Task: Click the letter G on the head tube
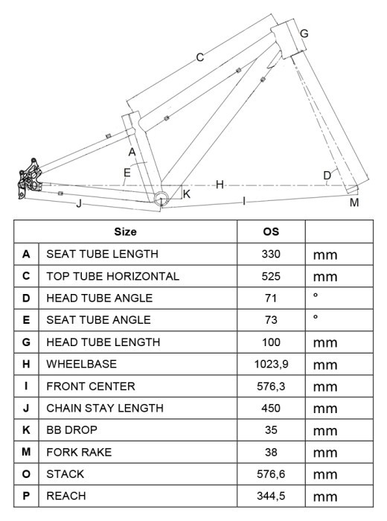[304, 33]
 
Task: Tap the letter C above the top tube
[199, 57]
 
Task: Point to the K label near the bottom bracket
[187, 194]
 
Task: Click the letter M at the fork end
[354, 202]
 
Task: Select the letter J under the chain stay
[79, 203]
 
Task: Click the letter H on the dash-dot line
[220, 185]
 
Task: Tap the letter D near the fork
[327, 175]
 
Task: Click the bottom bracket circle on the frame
[161, 199]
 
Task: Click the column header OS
[271, 231]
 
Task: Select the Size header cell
[125, 231]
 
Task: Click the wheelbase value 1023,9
[271, 364]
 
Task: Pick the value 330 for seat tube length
[271, 254]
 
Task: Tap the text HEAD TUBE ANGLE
[99, 298]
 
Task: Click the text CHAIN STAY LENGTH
[105, 408]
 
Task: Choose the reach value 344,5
[271, 496]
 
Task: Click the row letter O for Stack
[26, 474]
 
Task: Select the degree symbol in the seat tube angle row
[316, 316]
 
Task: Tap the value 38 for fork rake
[271, 453]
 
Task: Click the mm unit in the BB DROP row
[325, 431]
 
